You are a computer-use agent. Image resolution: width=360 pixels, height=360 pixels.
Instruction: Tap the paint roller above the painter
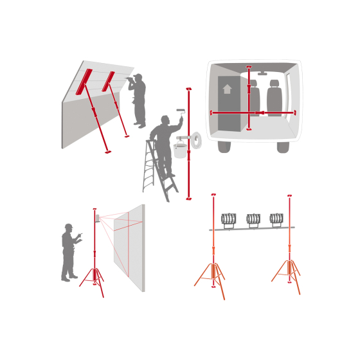[181, 111]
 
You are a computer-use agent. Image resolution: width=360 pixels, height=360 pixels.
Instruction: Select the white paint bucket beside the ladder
[181, 150]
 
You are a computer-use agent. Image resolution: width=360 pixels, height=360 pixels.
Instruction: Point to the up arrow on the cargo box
[227, 89]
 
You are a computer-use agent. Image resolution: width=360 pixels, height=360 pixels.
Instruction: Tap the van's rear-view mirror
[262, 74]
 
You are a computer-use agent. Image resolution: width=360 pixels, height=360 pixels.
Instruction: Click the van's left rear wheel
[224, 147]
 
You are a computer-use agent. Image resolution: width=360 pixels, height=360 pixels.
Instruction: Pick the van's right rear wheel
[283, 147]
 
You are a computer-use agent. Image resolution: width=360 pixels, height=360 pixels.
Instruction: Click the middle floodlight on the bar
[253, 219]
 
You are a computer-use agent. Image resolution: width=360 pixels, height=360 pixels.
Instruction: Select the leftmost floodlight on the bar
[229, 219]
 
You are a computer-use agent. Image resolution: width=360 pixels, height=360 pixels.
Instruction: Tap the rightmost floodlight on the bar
[276, 219]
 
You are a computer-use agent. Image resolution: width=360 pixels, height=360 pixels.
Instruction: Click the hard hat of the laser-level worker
[68, 226]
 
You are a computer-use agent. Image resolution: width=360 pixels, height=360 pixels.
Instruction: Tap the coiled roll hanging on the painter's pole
[196, 140]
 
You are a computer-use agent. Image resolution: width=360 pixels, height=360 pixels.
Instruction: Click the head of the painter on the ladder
[165, 120]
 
